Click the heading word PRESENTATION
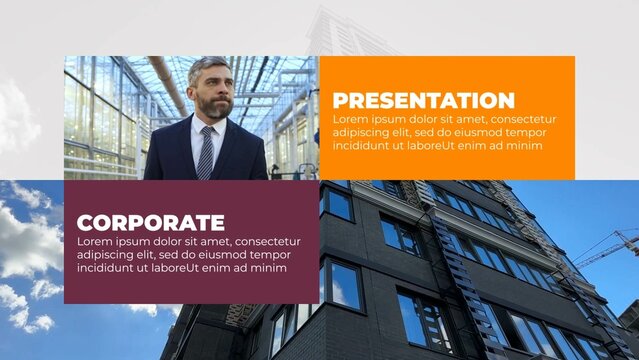pyautogui.click(x=423, y=100)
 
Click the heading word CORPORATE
pyautogui.click(x=150, y=223)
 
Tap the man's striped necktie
pyautogui.click(x=206, y=152)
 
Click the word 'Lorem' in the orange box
pyautogui.click(x=351, y=119)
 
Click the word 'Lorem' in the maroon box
pyautogui.click(x=96, y=242)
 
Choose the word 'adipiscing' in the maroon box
pyautogui.click(x=109, y=255)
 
